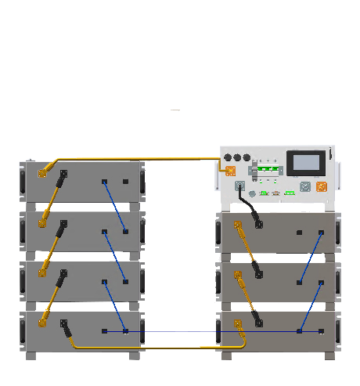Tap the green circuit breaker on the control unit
click(268, 169)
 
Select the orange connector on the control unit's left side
click(230, 171)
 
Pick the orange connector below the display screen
click(321, 187)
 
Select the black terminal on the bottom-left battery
click(63, 322)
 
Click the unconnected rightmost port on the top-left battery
click(125, 182)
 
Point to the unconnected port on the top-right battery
click(299, 233)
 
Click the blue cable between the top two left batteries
click(115, 207)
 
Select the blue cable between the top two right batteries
click(311, 258)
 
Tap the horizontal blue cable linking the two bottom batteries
click(180, 331)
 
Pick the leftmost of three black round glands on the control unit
click(228, 157)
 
